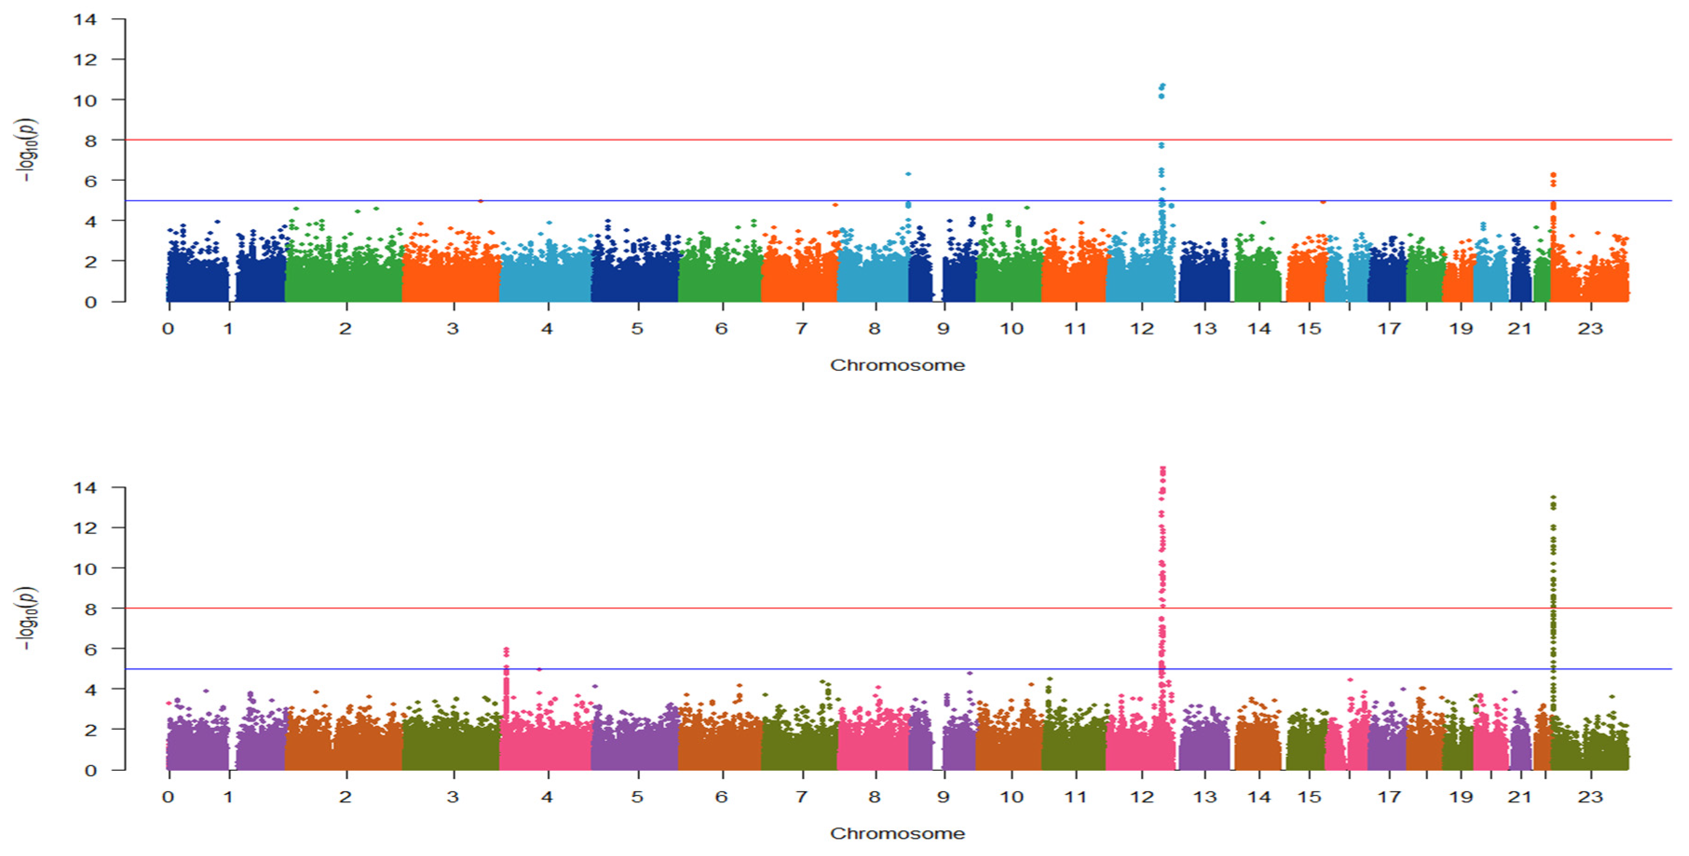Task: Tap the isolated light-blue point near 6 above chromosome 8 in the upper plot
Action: [908, 174]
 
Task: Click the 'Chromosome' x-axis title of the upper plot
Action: [897, 365]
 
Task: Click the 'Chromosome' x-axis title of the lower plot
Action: [897, 834]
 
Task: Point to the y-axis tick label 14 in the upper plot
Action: [85, 20]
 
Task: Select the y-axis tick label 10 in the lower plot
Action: [85, 568]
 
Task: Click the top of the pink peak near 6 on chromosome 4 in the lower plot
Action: [506, 650]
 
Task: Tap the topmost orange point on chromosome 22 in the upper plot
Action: [1553, 174]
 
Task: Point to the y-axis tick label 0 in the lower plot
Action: [90, 771]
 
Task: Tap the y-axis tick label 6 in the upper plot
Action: [90, 181]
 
